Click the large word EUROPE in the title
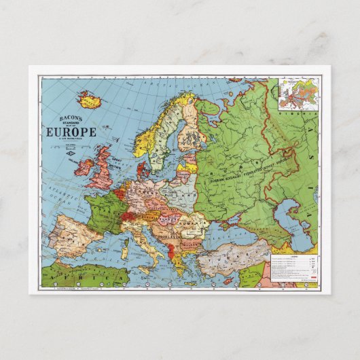point(71,132)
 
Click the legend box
point(293,268)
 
